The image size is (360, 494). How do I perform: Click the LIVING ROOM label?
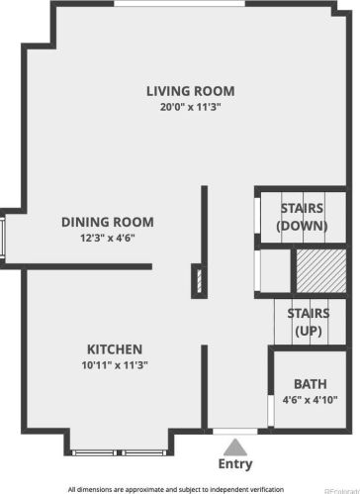pyautogui.click(x=191, y=91)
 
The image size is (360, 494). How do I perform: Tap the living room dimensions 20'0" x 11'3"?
pyautogui.click(x=190, y=107)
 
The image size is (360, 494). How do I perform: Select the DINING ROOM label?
pyautogui.click(x=108, y=222)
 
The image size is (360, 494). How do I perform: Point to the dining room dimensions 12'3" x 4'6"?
pyautogui.click(x=108, y=238)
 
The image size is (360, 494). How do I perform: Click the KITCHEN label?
pyautogui.click(x=115, y=349)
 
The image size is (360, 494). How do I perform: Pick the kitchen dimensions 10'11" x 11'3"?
pyautogui.click(x=115, y=365)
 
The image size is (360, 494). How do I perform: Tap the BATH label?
pyautogui.click(x=311, y=384)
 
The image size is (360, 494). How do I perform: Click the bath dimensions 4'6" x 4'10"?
pyautogui.click(x=311, y=400)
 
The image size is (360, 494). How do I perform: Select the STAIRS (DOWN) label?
pyautogui.click(x=302, y=217)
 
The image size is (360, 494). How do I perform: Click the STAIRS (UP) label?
pyautogui.click(x=309, y=322)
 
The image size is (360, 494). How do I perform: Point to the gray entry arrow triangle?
pyautogui.click(x=235, y=446)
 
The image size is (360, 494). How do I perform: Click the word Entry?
pyautogui.click(x=235, y=464)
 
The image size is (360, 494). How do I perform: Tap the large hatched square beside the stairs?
pyautogui.click(x=321, y=271)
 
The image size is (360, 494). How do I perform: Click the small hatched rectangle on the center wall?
pyautogui.click(x=199, y=281)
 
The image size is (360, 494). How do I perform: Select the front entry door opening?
pyautogui.click(x=235, y=432)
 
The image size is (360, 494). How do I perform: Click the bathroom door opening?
pyautogui.click(x=271, y=411)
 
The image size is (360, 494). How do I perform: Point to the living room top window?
pyautogui.click(x=180, y=3)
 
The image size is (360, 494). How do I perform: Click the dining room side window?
pyautogui.click(x=2, y=238)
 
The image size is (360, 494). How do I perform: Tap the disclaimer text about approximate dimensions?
pyautogui.click(x=176, y=489)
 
